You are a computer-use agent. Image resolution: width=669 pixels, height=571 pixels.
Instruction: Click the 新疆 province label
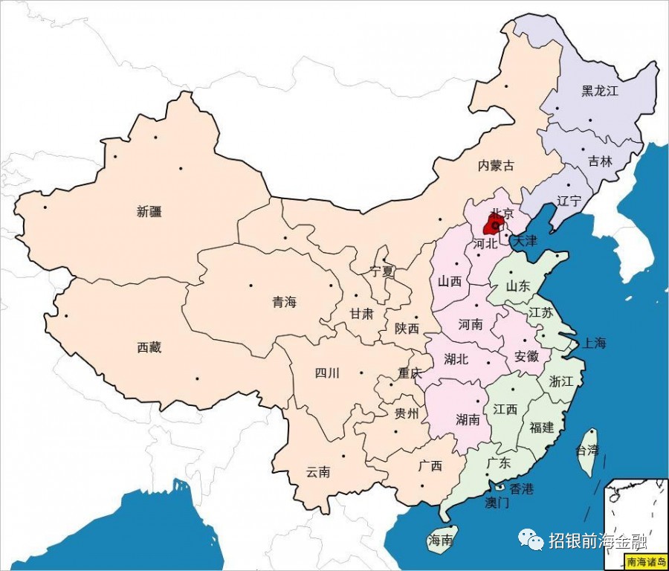pyautogui.click(x=149, y=211)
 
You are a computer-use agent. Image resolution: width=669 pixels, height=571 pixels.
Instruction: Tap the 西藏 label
pyautogui.click(x=149, y=347)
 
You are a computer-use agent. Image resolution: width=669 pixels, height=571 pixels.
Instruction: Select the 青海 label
pyautogui.click(x=284, y=302)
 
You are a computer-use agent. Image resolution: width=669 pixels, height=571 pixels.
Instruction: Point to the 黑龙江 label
pyautogui.click(x=600, y=91)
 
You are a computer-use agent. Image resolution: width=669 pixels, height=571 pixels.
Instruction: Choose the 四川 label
pyautogui.click(x=327, y=373)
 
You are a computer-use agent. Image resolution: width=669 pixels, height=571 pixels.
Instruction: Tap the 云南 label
pyautogui.click(x=318, y=472)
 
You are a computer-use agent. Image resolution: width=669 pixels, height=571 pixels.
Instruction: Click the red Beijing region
pyautogui.click(x=493, y=226)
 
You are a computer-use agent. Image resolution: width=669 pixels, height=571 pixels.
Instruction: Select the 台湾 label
pyautogui.click(x=587, y=450)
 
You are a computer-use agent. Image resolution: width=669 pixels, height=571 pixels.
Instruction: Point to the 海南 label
pyautogui.click(x=440, y=541)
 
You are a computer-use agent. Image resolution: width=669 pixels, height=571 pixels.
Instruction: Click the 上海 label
pyautogui.click(x=595, y=343)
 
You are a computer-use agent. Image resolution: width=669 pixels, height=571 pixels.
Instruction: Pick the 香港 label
pyautogui.click(x=521, y=488)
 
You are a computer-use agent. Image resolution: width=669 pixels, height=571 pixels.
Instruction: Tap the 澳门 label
pyautogui.click(x=497, y=503)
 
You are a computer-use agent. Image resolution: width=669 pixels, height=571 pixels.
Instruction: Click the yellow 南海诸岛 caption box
pyautogui.click(x=641, y=562)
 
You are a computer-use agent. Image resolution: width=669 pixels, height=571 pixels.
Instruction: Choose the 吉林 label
pyautogui.click(x=600, y=161)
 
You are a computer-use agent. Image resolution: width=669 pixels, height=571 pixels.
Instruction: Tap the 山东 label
pyautogui.click(x=518, y=285)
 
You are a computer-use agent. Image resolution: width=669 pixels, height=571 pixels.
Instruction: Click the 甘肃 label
pyautogui.click(x=362, y=314)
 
